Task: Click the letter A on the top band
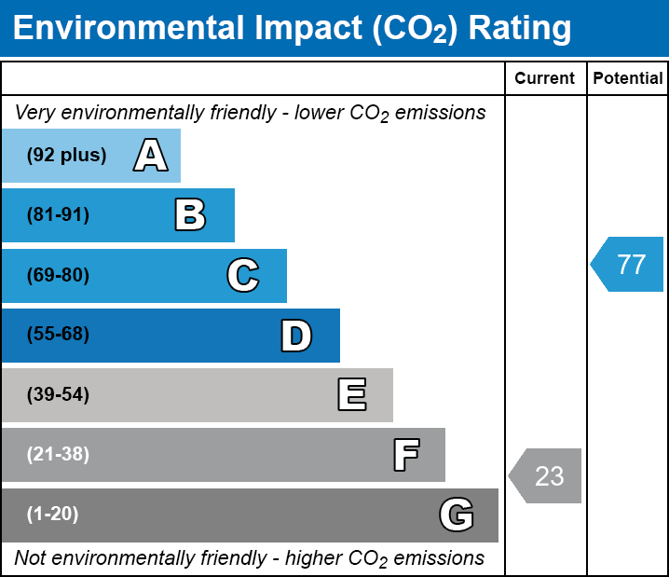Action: click(150, 155)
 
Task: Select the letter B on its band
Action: click(190, 214)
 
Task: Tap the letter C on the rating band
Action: click(242, 275)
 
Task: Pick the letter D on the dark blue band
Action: click(296, 335)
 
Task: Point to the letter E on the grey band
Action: click(351, 394)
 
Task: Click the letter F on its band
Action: click(405, 455)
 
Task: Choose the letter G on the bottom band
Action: click(457, 515)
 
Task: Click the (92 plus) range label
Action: click(66, 155)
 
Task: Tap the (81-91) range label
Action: click(58, 215)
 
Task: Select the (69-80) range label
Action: click(58, 275)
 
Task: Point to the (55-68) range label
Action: click(58, 335)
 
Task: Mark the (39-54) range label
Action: click(58, 395)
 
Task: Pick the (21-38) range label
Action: click(58, 455)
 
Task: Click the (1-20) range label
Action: click(53, 515)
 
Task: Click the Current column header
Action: click(545, 78)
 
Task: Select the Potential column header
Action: click(628, 78)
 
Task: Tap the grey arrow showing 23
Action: click(546, 476)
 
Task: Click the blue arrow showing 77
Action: click(628, 265)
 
